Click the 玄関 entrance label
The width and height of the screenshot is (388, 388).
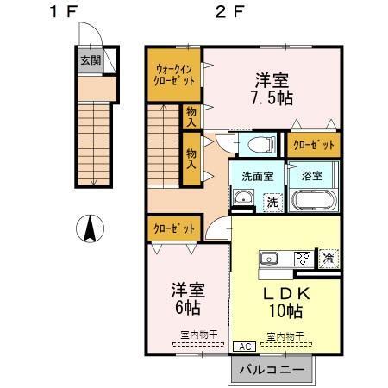tap(91, 60)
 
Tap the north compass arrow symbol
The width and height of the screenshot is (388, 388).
tap(88, 229)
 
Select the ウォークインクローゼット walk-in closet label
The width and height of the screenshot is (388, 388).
tap(175, 73)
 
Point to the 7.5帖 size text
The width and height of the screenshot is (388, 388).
tap(271, 96)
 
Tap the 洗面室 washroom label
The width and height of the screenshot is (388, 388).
tap(251, 175)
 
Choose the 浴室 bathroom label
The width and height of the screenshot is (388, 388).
tap(312, 175)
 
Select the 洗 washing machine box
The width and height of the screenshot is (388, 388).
tap(272, 203)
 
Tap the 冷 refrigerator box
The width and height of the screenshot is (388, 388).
tap(329, 257)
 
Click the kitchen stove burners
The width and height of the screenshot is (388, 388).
tap(303, 257)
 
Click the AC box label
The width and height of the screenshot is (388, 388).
tap(243, 345)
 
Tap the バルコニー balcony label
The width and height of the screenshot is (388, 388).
tap(271, 370)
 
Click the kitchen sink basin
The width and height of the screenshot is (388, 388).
tap(268, 257)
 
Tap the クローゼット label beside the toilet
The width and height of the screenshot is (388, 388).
tap(313, 144)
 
